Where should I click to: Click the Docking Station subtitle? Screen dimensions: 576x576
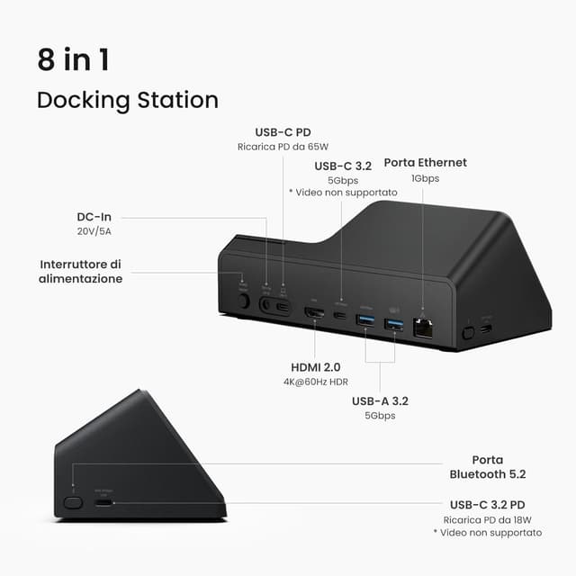point(127,99)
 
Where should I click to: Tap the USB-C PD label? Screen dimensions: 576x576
point(283,132)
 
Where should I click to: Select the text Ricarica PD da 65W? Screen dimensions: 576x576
point(283,147)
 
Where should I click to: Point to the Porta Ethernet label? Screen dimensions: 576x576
point(425,163)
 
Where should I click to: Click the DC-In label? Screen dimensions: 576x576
point(94,217)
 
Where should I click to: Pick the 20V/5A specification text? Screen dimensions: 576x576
point(94,231)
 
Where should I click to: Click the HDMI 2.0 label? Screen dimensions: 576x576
point(315,367)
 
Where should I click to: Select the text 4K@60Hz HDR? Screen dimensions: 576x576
point(315,382)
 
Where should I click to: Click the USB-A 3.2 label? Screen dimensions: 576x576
point(382,400)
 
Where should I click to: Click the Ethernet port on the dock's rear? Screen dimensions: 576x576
point(421,328)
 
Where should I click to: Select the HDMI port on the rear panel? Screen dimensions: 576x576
point(315,313)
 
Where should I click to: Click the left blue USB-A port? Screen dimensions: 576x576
point(365,319)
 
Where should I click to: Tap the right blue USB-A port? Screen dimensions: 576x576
point(393,323)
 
